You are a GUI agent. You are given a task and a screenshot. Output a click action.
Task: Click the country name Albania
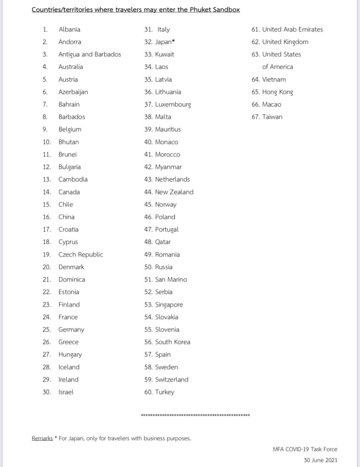pos(70,29)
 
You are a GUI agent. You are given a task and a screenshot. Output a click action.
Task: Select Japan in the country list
pos(163,42)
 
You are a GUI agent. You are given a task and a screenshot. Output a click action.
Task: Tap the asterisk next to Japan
pos(173,41)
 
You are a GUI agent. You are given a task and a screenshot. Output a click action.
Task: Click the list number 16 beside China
pos(47,217)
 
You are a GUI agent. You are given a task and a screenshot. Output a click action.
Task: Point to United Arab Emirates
pos(292,29)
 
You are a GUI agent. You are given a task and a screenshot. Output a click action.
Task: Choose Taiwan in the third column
pos(272,117)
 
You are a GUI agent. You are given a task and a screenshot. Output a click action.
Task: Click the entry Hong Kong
pos(277,92)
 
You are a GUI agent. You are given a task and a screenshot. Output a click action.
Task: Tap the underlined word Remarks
pos(42,438)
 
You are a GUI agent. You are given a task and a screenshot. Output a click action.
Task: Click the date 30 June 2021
pos(321,460)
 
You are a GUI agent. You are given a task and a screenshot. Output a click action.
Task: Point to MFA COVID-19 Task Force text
pos(305,449)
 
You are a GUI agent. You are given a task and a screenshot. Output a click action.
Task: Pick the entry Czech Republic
pos(81,254)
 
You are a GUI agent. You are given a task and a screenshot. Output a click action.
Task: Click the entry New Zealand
pos(174,192)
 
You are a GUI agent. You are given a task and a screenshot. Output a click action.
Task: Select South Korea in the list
pos(173,342)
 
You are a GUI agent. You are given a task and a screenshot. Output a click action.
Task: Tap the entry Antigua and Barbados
pos(90,54)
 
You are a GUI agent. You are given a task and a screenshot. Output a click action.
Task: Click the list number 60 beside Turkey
pos(148,392)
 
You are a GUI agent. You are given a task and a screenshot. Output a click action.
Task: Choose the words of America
pos(277,67)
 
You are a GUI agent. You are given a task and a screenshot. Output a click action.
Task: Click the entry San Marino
pos(171,279)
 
